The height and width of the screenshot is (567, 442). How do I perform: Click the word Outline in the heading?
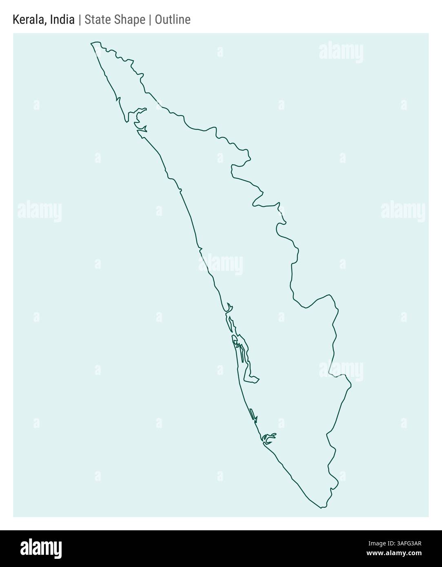[173, 20]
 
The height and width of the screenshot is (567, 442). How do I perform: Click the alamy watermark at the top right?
[341, 53]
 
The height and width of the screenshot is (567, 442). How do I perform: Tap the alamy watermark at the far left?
[40, 212]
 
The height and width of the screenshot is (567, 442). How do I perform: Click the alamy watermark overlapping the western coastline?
[221, 264]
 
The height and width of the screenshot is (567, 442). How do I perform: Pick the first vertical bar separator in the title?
[80, 20]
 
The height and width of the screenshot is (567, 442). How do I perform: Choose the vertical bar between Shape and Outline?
[150, 20]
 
